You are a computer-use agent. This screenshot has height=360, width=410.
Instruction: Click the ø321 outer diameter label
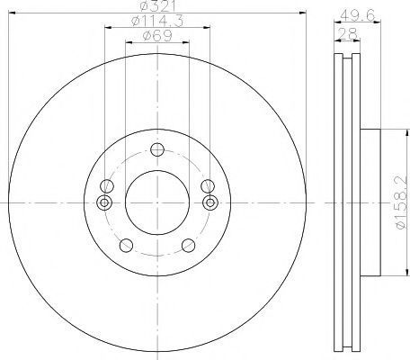(x=157, y=5)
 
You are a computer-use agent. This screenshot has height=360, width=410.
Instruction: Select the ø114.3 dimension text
(x=157, y=21)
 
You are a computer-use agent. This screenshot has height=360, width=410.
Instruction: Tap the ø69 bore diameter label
(x=157, y=36)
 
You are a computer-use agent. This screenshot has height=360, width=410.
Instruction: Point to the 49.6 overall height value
(x=358, y=15)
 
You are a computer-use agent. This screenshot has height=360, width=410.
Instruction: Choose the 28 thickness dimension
(x=347, y=33)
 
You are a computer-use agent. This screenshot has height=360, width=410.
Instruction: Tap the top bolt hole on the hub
(x=157, y=149)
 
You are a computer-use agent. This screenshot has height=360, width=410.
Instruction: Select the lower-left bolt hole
(x=126, y=246)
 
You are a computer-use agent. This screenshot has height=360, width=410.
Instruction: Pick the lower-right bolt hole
(x=189, y=246)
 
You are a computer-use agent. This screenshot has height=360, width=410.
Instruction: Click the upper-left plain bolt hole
(x=107, y=186)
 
